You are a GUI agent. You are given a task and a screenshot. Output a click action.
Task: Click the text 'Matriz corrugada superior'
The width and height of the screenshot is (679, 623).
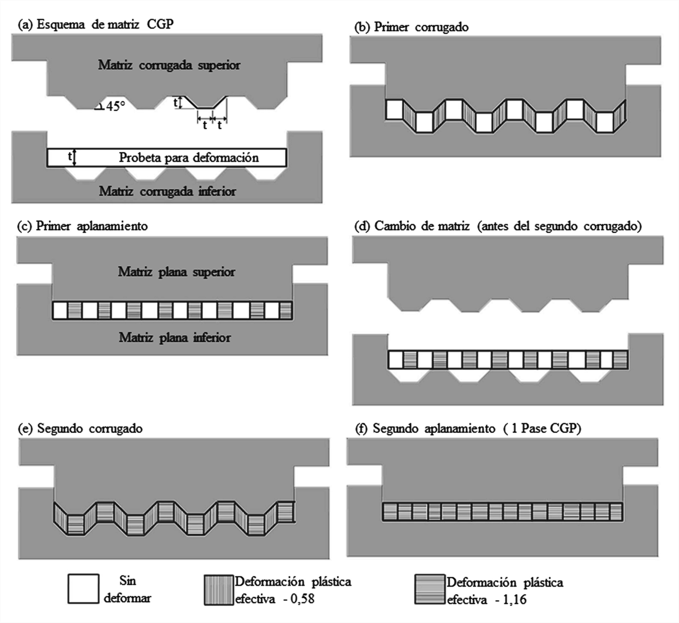pos(169,65)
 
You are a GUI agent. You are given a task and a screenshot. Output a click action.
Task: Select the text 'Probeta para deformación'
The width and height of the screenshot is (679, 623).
pos(189,158)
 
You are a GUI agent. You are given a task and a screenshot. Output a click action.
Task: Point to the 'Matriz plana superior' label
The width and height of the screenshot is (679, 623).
pos(176,272)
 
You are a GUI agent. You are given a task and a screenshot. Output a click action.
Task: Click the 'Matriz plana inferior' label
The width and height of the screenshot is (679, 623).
pos(175,338)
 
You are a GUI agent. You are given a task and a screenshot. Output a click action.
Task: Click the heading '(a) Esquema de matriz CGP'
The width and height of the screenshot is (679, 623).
pos(95,24)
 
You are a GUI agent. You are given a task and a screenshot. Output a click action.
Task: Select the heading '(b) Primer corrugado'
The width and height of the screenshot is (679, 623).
pos(411,27)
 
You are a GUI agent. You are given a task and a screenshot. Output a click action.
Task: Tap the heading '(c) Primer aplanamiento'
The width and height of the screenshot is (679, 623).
pos(82,226)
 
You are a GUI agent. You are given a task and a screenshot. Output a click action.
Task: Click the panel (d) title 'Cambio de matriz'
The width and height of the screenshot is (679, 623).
pos(422,226)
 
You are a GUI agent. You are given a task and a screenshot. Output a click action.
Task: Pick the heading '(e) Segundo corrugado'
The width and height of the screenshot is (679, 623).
pos(80,428)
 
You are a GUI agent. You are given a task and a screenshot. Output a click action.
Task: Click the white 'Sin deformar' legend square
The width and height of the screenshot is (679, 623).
pos(83,589)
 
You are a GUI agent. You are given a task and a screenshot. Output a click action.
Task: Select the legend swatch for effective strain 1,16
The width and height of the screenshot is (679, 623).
pos(430,589)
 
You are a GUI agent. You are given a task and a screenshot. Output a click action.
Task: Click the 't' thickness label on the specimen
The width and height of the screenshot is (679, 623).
pos(70,156)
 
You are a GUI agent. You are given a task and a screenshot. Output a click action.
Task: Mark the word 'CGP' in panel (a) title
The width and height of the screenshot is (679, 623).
pos(160,24)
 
